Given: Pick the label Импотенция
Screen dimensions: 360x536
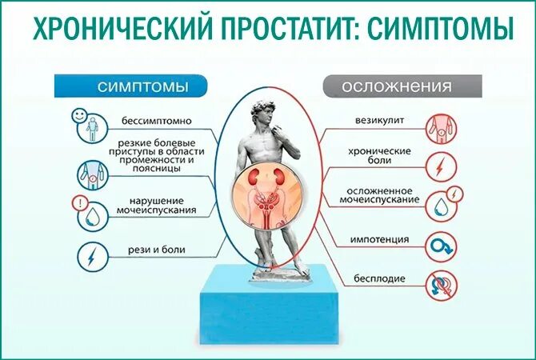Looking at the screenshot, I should pos(379,239).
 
